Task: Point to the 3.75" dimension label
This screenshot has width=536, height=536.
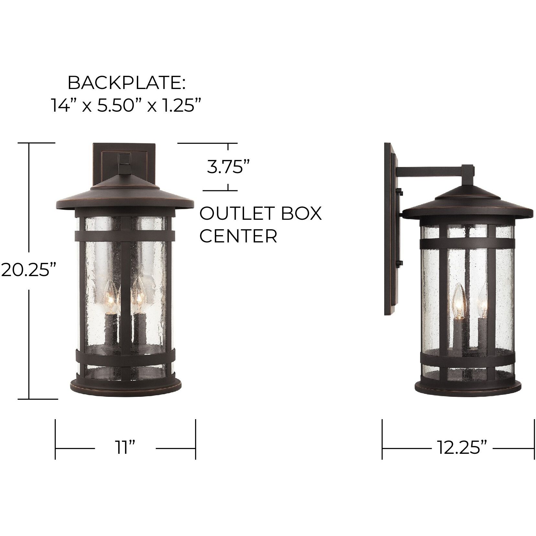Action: pos(228,167)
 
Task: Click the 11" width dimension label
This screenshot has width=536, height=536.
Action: pos(125,448)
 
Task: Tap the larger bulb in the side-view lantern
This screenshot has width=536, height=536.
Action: pos(458,297)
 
